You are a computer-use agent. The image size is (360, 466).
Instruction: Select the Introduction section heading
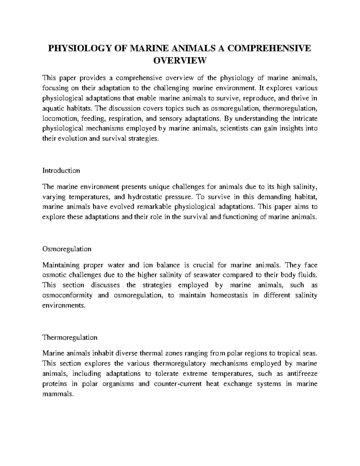pyautogui.click(x=61, y=171)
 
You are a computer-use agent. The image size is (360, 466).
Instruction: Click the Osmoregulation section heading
pyautogui.click(x=67, y=249)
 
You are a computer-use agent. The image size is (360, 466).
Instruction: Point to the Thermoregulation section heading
pyautogui.click(x=70, y=338)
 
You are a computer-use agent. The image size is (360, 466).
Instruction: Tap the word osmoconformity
pyautogui.click(x=67, y=295)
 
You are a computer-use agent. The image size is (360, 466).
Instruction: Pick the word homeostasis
pyautogui.click(x=229, y=295)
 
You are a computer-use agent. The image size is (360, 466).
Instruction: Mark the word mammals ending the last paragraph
pyautogui.click(x=58, y=394)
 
